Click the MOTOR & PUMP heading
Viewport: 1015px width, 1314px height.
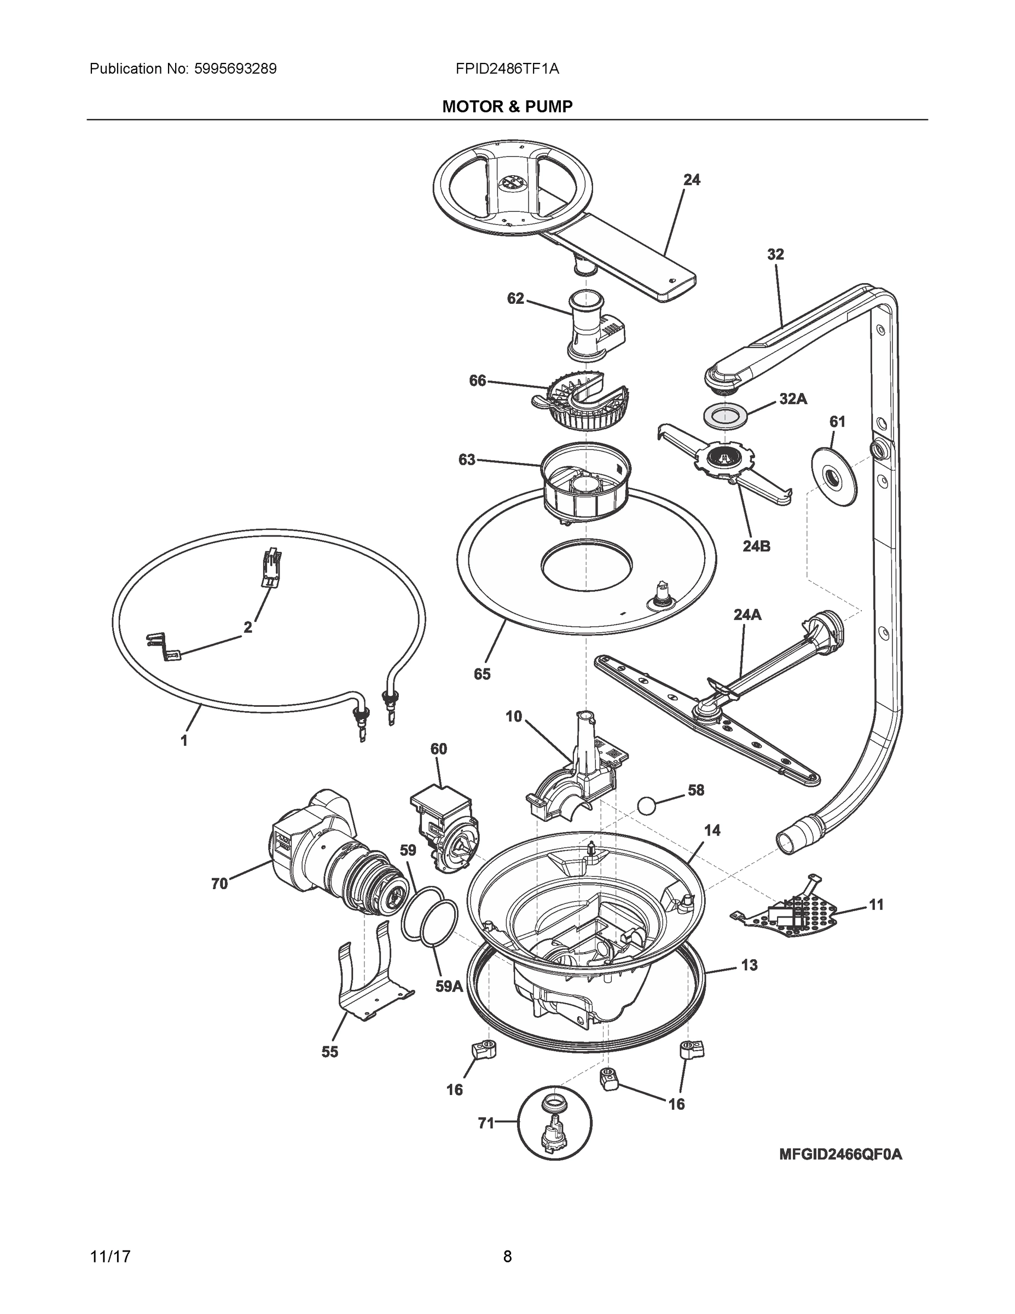tap(507, 107)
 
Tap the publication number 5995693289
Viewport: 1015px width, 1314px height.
tap(235, 68)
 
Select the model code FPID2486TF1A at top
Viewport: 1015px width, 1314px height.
tap(507, 68)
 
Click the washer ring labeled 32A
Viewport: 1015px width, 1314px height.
tap(727, 416)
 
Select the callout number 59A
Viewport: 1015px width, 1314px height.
tap(449, 986)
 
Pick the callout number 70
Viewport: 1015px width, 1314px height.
tap(219, 883)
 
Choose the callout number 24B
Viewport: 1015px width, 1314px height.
tap(756, 546)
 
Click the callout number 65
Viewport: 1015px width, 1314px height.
tap(482, 674)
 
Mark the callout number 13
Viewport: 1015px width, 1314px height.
tap(749, 965)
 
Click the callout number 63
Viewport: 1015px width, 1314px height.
tap(467, 460)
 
